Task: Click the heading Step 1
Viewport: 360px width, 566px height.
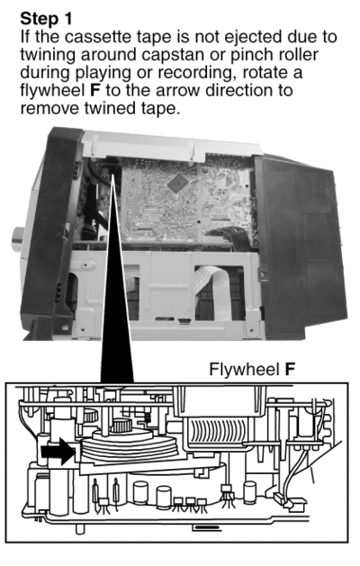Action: pyautogui.click(x=46, y=18)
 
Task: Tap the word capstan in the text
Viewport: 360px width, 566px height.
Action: pyautogui.click(x=168, y=56)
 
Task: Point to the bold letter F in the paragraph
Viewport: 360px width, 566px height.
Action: pyautogui.click(x=94, y=90)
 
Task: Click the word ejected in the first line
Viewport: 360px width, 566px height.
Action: pyautogui.click(x=254, y=37)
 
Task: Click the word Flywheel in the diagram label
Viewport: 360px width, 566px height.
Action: pyautogui.click(x=244, y=370)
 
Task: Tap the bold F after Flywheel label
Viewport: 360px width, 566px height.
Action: pyautogui.click(x=290, y=369)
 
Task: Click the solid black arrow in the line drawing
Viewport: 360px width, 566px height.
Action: pyautogui.click(x=58, y=451)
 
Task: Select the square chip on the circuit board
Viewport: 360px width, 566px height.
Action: pyautogui.click(x=178, y=184)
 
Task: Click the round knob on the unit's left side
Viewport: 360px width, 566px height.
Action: pyautogui.click(x=18, y=239)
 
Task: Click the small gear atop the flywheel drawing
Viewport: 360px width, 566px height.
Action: pyautogui.click(x=121, y=427)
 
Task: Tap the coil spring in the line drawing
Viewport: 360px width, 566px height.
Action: pyautogui.click(x=148, y=418)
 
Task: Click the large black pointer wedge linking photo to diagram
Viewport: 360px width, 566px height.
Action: pyautogui.click(x=117, y=278)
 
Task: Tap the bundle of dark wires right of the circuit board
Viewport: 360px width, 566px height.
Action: pyautogui.click(x=229, y=237)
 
